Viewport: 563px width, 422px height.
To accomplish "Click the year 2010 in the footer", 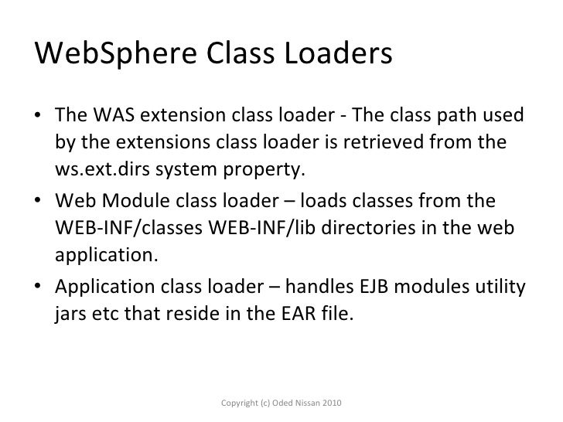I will click(x=329, y=404).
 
